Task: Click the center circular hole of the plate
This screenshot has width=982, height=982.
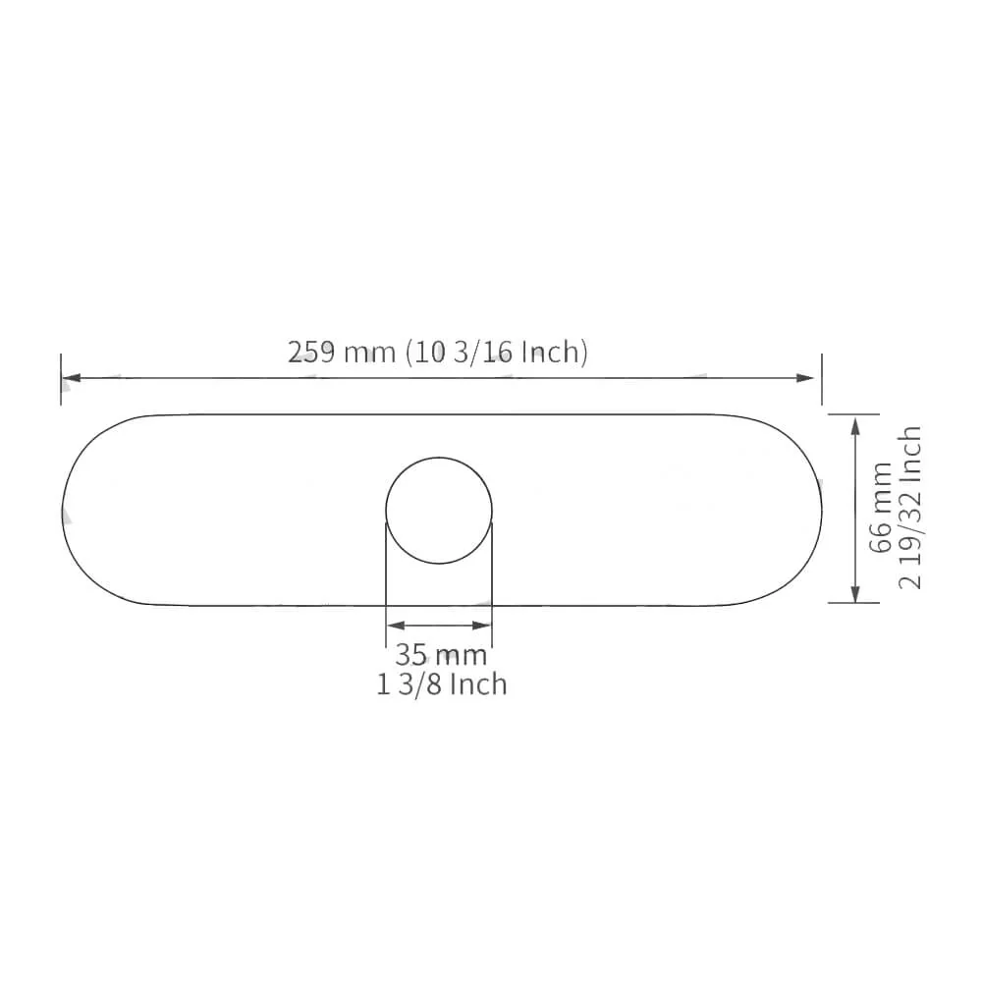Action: click(438, 511)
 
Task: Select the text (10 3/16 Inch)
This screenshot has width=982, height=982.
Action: click(497, 352)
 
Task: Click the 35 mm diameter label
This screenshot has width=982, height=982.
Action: click(441, 655)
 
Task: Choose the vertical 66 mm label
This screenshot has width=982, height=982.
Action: click(881, 509)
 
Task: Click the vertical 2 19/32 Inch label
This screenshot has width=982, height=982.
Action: click(909, 508)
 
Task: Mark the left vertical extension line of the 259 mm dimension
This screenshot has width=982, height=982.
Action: click(61, 378)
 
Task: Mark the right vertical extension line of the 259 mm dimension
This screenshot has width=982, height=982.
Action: click(822, 378)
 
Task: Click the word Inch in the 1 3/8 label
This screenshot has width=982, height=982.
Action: click(478, 683)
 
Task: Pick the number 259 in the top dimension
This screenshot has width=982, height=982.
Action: click(311, 352)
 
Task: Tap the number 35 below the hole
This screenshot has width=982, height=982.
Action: click(411, 655)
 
